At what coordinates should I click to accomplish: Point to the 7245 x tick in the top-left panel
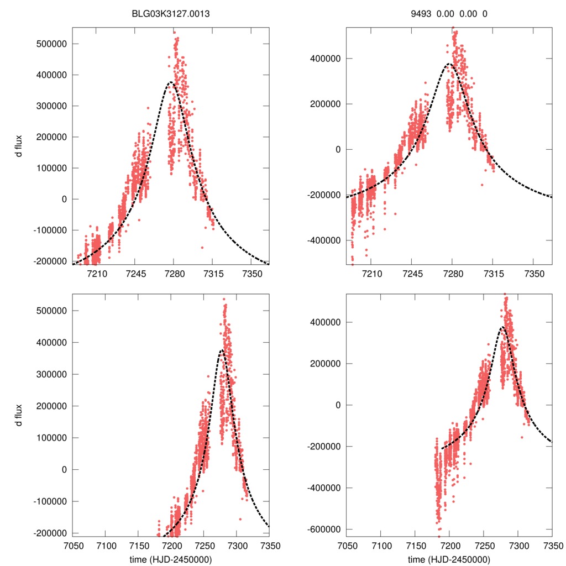pyautogui.click(x=135, y=274)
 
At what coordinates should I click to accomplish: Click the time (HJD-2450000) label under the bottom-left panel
pyautogui.click(x=171, y=559)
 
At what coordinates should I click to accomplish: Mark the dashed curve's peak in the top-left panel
pyautogui.click(x=171, y=82)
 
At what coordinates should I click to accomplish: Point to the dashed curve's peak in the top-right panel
pyautogui.click(x=450, y=64)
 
